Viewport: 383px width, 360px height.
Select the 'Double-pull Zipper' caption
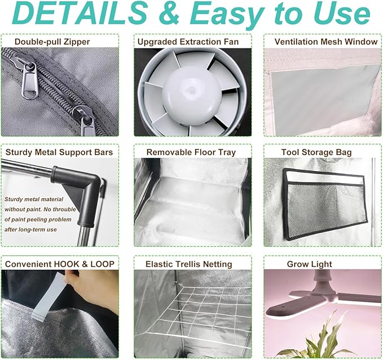[52, 42]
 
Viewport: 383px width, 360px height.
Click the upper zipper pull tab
[30, 79]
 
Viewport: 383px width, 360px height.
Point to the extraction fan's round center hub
[191, 92]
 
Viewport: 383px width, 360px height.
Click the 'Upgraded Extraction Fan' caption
[188, 42]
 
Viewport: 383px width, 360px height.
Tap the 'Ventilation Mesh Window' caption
[326, 42]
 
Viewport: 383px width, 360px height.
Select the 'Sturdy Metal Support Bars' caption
[59, 152]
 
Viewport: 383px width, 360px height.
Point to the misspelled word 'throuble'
[64, 210]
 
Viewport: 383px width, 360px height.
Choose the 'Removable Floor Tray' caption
[191, 152]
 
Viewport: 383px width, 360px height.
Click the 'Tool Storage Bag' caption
[316, 152]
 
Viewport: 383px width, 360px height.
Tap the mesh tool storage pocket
[325, 205]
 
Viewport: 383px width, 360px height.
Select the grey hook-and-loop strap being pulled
[49, 295]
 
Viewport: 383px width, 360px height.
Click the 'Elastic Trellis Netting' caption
[189, 264]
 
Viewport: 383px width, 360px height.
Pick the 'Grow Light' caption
[310, 264]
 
